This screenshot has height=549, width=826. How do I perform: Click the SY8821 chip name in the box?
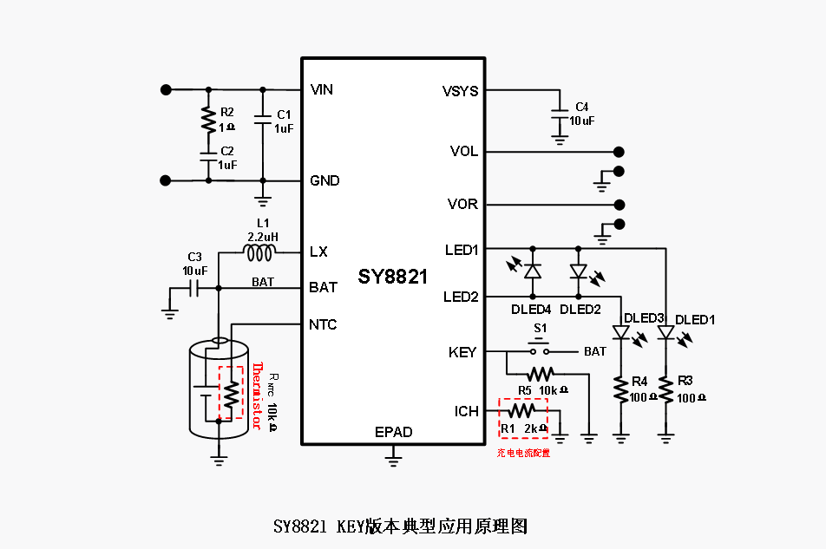click(x=393, y=277)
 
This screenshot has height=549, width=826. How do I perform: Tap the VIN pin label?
click(x=322, y=89)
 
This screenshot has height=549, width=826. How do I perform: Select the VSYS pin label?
click(x=460, y=91)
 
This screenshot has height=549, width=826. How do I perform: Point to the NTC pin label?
click(x=323, y=324)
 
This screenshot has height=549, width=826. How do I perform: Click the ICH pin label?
click(x=466, y=410)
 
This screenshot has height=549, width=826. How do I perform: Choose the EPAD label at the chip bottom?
click(x=393, y=432)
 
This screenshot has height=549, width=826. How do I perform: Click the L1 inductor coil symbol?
click(x=259, y=252)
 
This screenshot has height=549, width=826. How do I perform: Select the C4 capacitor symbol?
click(x=560, y=115)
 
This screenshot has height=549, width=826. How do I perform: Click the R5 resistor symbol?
click(x=540, y=374)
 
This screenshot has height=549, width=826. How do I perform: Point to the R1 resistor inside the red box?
click(x=523, y=410)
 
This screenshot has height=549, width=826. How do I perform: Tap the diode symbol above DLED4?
click(x=533, y=271)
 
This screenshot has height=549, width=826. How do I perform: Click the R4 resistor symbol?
click(x=621, y=389)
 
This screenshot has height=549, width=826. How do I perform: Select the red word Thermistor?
click(x=257, y=395)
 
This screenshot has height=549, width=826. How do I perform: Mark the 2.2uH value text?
click(x=262, y=236)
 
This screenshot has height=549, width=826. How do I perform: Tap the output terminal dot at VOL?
click(x=619, y=152)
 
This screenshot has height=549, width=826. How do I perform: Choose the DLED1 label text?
click(x=695, y=319)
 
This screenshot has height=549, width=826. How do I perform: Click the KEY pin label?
click(x=462, y=352)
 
